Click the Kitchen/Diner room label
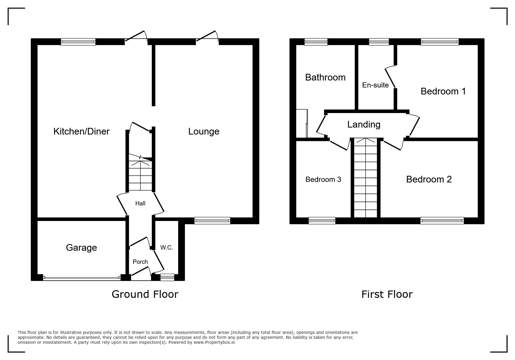click(x=81, y=131)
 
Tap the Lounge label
click(x=204, y=131)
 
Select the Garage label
click(x=81, y=248)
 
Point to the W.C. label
click(x=167, y=248)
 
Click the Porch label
click(x=140, y=262)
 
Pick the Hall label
click(x=140, y=203)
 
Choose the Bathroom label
click(x=325, y=77)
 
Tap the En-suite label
click(x=375, y=85)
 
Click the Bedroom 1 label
click(x=443, y=91)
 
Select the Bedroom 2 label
click(x=429, y=179)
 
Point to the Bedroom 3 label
click(x=323, y=180)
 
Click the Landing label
click(x=364, y=125)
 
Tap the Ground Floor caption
click(x=145, y=294)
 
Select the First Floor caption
click(x=387, y=294)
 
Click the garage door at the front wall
click(x=82, y=278)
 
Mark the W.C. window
click(x=167, y=277)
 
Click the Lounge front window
click(x=212, y=221)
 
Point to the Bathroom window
click(x=316, y=42)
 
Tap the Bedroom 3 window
click(x=322, y=221)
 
